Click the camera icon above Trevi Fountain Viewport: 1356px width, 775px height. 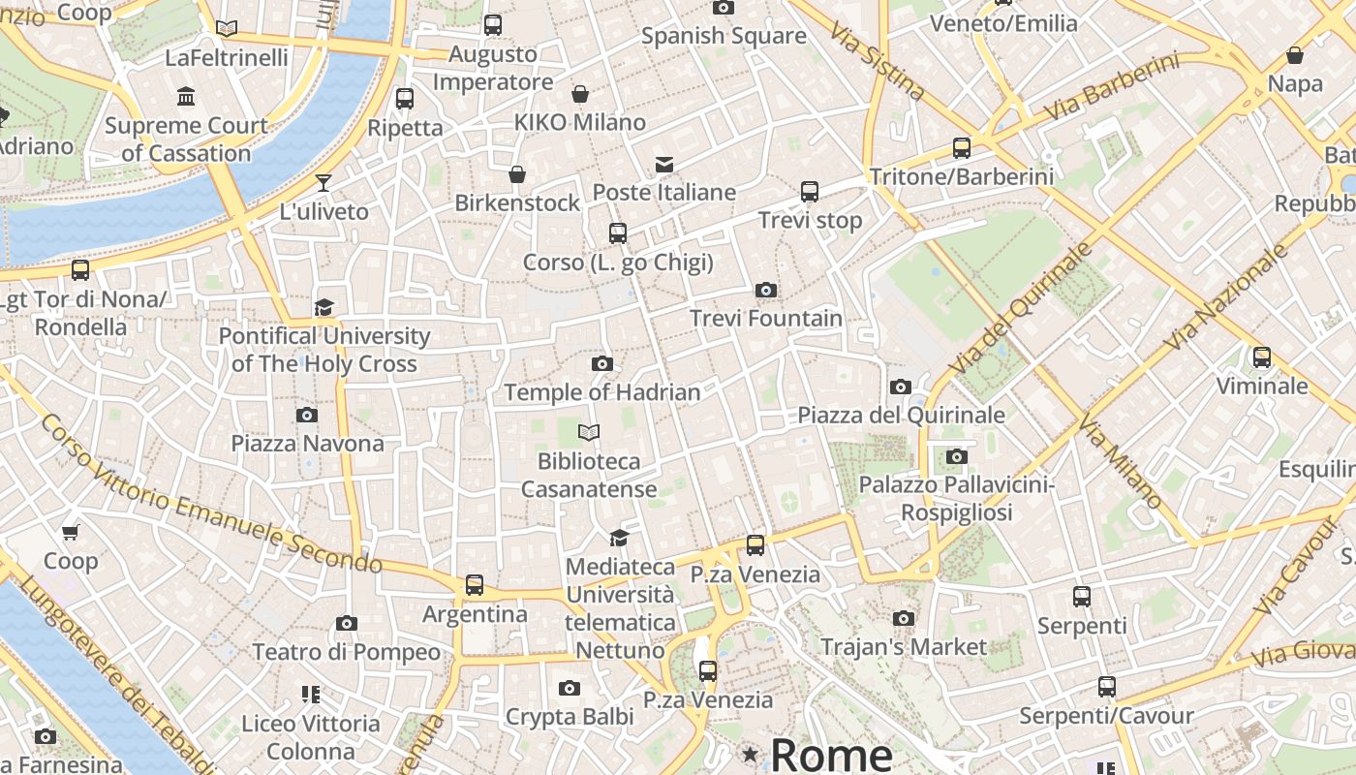click(765, 290)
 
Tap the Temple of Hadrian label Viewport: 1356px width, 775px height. click(601, 392)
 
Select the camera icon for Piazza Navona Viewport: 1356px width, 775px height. click(307, 416)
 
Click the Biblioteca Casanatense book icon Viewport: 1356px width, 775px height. click(589, 432)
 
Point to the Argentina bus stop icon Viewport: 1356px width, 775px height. click(475, 585)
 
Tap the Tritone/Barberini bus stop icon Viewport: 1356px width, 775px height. click(961, 148)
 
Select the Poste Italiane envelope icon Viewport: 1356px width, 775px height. click(663, 164)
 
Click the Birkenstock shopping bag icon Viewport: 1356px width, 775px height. click(517, 174)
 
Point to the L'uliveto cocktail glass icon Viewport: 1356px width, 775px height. click(324, 183)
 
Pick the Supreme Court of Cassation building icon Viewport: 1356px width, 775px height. click(186, 97)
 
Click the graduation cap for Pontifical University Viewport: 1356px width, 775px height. click(324, 308)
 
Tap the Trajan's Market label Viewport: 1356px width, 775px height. click(904, 646)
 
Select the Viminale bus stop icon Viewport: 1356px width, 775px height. click(1261, 357)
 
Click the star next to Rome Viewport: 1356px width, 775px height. click(750, 754)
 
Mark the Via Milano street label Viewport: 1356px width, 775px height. click(1121, 462)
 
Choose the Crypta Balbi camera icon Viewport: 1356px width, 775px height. click(570, 689)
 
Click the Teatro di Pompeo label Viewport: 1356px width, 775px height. click(347, 652)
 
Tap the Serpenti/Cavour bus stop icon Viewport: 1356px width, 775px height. click(1107, 687)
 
